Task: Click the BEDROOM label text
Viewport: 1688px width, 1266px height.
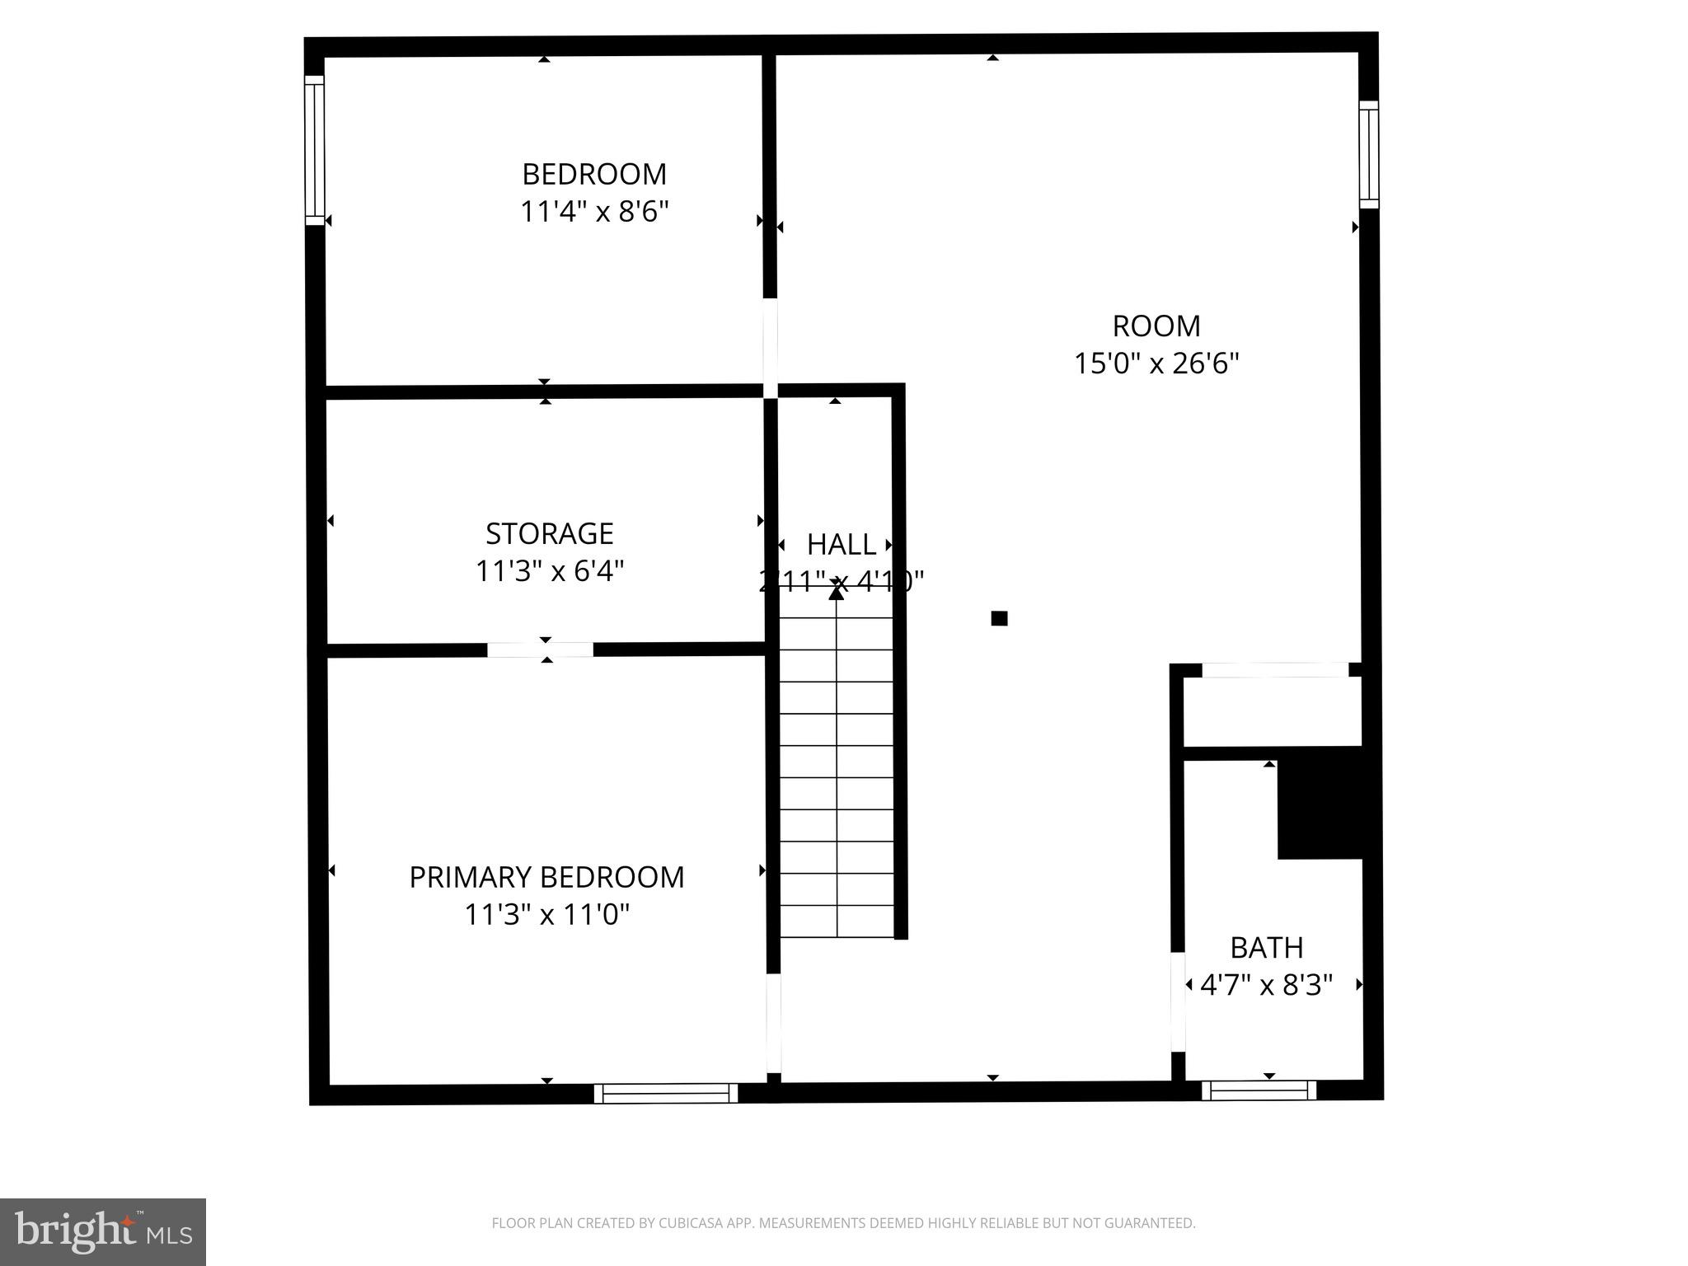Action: (x=594, y=174)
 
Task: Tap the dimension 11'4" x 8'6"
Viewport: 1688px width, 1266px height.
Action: (x=594, y=212)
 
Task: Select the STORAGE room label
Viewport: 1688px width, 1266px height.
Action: (x=549, y=533)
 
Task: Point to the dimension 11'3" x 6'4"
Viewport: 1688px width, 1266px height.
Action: (x=549, y=570)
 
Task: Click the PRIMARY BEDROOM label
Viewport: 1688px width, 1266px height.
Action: (x=546, y=877)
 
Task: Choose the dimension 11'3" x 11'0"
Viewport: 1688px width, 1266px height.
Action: (x=546, y=914)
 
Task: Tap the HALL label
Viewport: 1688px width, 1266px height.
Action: (x=841, y=544)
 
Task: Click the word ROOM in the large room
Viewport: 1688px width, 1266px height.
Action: (x=1156, y=326)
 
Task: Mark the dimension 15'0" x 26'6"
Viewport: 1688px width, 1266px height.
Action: (x=1156, y=363)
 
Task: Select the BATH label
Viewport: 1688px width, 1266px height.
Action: (x=1266, y=948)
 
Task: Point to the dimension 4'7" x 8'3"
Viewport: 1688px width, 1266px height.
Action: (x=1266, y=985)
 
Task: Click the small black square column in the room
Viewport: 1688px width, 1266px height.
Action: (x=999, y=618)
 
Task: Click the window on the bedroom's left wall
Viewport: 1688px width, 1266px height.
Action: (x=315, y=150)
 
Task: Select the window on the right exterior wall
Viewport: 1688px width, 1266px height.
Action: (x=1368, y=154)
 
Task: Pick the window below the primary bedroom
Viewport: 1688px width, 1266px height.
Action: (x=666, y=1093)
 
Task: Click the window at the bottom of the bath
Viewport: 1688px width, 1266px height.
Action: (x=1259, y=1090)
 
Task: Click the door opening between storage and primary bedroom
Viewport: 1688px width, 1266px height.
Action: (x=540, y=649)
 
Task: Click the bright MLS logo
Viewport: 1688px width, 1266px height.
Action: (x=103, y=1231)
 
